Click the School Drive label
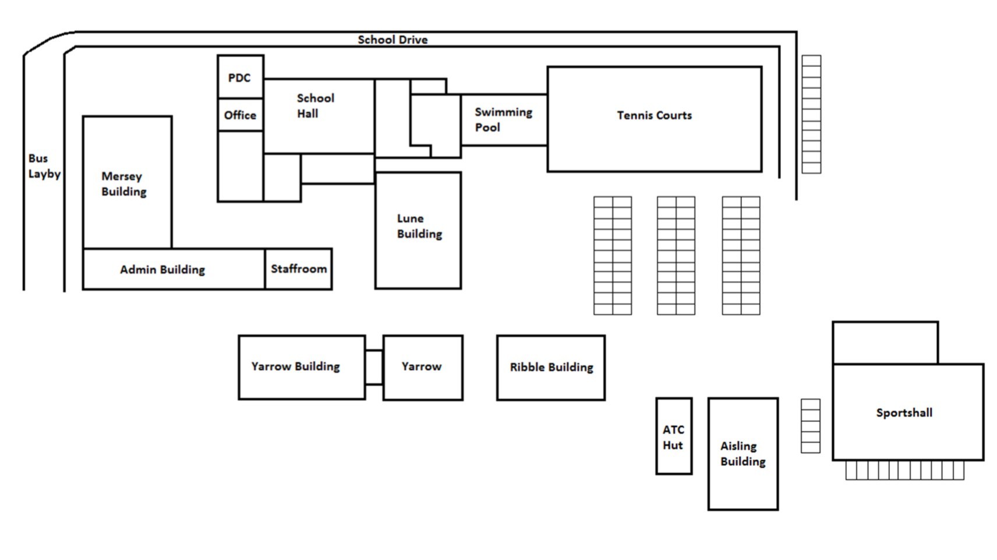393,40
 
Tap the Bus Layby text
44,166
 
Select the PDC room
240,78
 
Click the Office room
240,115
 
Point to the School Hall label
315,106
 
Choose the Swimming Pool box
504,119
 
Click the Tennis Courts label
654,115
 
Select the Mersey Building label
123,184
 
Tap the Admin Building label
162,270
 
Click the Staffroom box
298,269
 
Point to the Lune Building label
419,226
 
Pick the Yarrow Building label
295,367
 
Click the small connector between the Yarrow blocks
374,367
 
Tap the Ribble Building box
551,367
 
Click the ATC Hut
674,437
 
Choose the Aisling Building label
743,453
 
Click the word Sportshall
904,413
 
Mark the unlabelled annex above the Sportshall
885,343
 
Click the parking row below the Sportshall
904,470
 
